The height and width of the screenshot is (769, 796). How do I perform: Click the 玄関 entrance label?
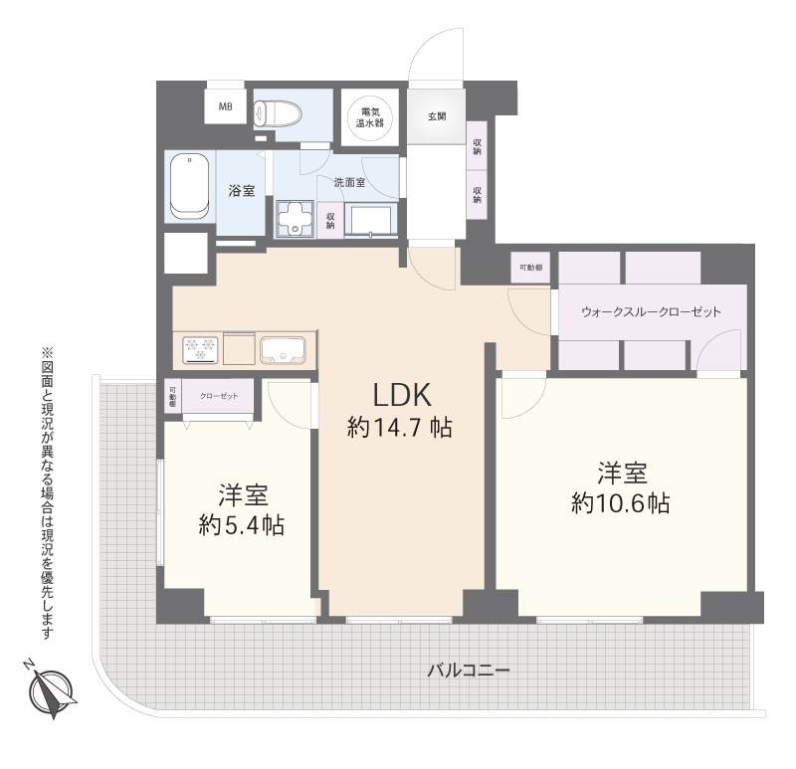point(437,116)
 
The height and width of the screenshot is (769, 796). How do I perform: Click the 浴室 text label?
point(241,191)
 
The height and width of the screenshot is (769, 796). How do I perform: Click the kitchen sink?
point(284,349)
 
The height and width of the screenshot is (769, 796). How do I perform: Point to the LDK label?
point(401,394)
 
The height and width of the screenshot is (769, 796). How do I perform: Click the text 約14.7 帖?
point(400,428)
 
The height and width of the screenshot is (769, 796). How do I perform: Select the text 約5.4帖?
point(240,525)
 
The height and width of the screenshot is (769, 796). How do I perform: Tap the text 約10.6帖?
point(620,502)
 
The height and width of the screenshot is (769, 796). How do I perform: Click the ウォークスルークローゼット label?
point(651,311)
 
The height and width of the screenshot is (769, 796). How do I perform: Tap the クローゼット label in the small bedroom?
point(217,395)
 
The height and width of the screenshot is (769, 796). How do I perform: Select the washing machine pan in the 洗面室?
point(295,218)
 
